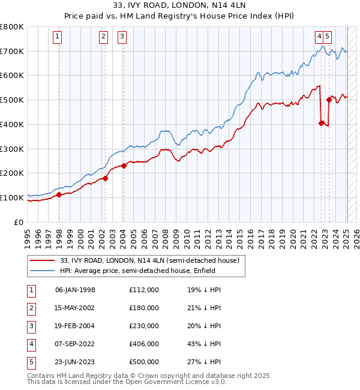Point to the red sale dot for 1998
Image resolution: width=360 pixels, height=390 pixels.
pyautogui.click(x=59, y=194)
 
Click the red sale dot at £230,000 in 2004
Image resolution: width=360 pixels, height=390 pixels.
pyautogui.click(x=124, y=166)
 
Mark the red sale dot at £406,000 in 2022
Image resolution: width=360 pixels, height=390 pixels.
pyautogui.click(x=322, y=123)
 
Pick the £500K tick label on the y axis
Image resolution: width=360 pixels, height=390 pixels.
pyautogui.click(x=13, y=100)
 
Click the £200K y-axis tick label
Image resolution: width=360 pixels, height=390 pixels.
pyautogui.click(x=13, y=173)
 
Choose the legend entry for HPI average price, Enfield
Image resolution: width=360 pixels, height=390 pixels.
pyautogui.click(x=141, y=271)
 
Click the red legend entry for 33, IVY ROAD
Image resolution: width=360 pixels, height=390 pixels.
pyautogui.click(x=149, y=260)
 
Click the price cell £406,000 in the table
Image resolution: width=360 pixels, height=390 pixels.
pyautogui.click(x=143, y=344)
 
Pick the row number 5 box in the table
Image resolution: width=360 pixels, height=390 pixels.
pyautogui.click(x=30, y=362)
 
